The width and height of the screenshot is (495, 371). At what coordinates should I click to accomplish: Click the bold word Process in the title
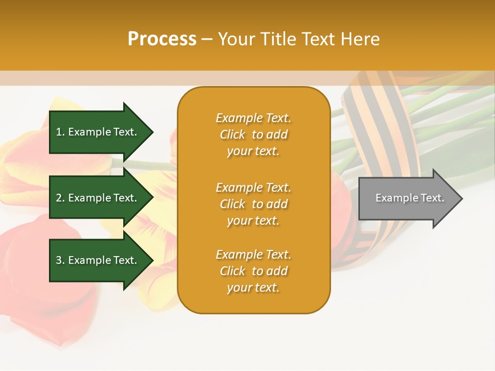click(x=162, y=39)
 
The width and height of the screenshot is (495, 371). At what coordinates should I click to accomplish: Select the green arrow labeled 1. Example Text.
click(x=98, y=132)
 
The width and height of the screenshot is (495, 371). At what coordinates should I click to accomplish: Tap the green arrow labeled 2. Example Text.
click(x=98, y=198)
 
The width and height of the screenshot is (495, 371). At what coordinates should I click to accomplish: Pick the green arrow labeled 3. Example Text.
click(x=98, y=260)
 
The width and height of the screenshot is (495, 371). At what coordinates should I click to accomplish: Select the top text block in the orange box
click(x=253, y=134)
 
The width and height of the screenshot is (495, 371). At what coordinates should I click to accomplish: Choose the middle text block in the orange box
click(x=253, y=204)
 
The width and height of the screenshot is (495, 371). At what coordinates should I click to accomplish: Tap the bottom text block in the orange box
click(x=253, y=271)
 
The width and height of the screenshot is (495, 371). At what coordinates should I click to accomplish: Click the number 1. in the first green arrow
click(x=60, y=132)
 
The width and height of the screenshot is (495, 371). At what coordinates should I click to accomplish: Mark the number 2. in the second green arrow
click(x=60, y=198)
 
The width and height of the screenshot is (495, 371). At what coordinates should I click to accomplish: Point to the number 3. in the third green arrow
click(x=60, y=260)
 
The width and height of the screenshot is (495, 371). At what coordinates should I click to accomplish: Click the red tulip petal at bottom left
click(x=36, y=278)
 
